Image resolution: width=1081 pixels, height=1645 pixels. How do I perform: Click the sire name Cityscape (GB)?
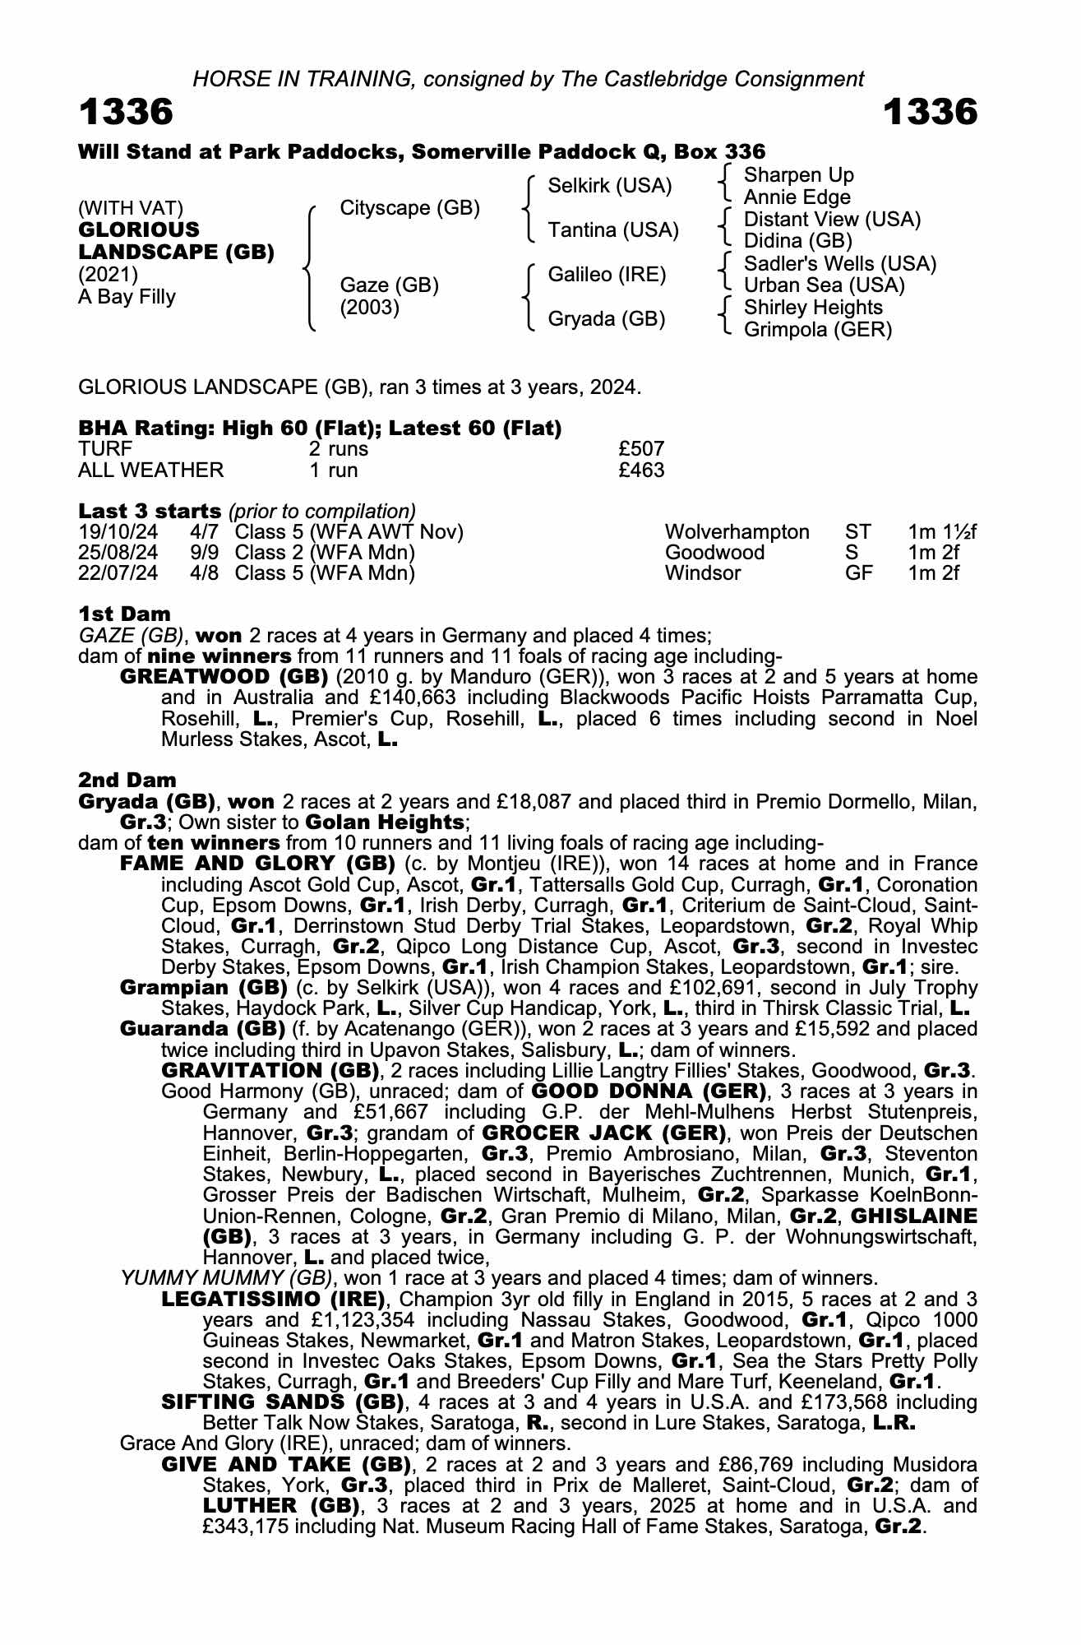pos(409,207)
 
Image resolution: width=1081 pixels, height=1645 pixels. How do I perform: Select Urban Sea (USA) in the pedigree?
pos(824,285)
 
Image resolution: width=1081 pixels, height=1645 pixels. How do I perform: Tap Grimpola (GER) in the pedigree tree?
pos(817,330)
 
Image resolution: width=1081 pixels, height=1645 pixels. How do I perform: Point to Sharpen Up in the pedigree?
pos(798,175)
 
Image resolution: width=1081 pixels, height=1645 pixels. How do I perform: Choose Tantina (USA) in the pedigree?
pos(613,230)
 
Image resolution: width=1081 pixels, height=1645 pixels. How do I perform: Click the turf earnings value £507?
pos(641,449)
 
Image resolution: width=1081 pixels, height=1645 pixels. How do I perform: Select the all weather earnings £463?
pos(641,470)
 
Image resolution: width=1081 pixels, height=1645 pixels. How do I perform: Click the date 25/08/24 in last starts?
pos(118,553)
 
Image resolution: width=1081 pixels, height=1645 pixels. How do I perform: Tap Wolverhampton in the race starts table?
pos(737,532)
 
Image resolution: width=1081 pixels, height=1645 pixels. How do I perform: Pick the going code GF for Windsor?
pos(859,573)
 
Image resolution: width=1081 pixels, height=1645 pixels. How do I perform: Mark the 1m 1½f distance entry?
pos(942,532)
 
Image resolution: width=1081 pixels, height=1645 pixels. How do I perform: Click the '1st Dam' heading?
pos(124,614)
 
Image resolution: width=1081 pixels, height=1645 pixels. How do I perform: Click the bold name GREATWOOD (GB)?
pos(224,677)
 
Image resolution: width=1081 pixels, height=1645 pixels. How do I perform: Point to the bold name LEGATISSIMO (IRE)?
pos(273,1300)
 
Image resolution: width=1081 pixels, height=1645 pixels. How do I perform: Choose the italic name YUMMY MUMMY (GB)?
pos(226,1278)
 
